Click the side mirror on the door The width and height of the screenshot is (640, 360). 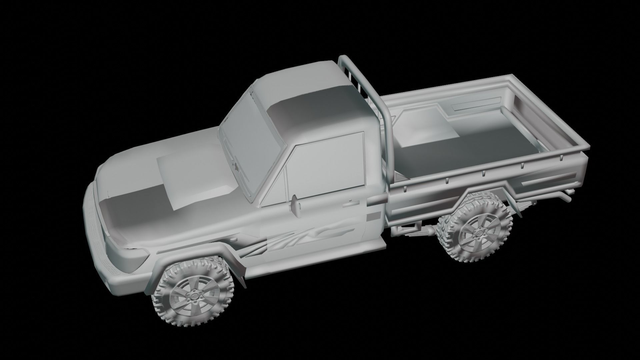pyautogui.click(x=295, y=204)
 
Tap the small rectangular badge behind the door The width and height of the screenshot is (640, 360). pyautogui.click(x=373, y=217)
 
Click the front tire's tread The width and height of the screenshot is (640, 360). pyautogui.click(x=160, y=307)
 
